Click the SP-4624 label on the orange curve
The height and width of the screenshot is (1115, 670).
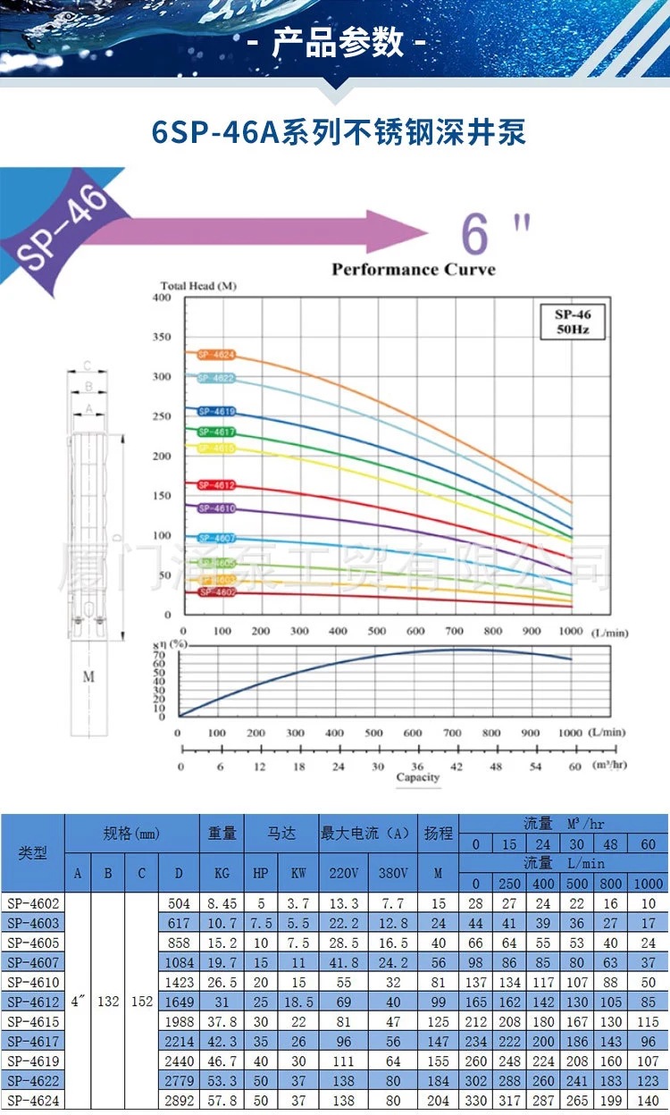[216, 355]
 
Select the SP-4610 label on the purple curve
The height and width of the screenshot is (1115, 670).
[216, 508]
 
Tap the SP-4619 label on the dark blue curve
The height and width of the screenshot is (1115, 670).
[216, 412]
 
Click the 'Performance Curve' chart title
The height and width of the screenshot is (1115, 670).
[413, 269]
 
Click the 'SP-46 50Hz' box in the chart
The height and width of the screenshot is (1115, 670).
[573, 322]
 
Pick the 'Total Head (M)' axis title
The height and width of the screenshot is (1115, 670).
[198, 286]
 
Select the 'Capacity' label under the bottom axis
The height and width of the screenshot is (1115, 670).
[418, 777]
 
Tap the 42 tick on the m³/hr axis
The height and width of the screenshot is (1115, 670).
[456, 767]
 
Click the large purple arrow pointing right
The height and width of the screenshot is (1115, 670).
[259, 233]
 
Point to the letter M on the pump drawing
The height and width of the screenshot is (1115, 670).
[88, 677]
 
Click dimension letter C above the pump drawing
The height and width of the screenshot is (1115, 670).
[88, 365]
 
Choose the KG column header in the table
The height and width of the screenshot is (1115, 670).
[222, 873]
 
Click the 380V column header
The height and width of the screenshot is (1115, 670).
[393, 873]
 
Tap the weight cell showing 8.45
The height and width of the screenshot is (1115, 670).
[222, 903]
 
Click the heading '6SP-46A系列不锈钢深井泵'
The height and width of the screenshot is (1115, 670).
[339, 131]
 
